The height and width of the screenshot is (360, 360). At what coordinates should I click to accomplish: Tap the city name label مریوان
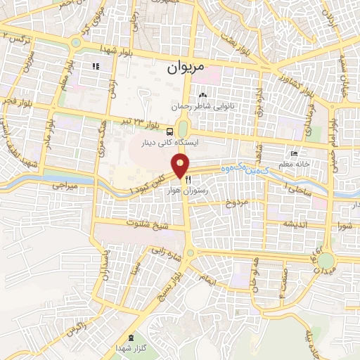click(x=187, y=69)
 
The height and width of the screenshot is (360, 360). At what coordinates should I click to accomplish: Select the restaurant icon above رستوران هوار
click(x=188, y=180)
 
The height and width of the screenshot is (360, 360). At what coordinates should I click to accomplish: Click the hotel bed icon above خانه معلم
click(x=294, y=153)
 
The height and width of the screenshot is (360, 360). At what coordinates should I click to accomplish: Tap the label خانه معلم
click(x=302, y=163)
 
